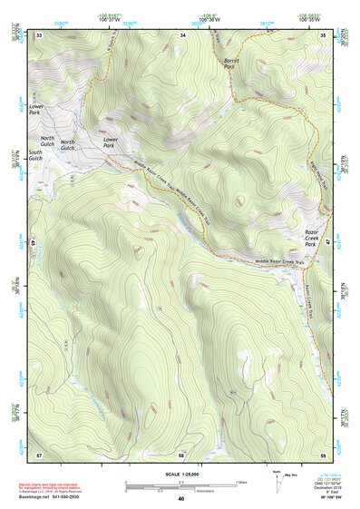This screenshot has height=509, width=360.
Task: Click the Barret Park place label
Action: (229, 64)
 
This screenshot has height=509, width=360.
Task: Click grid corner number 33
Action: (39, 34)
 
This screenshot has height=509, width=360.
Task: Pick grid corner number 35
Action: (324, 34)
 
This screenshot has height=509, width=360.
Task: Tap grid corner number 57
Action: (39, 453)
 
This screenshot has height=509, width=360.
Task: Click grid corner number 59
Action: (324, 453)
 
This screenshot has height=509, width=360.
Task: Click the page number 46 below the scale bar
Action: (181, 498)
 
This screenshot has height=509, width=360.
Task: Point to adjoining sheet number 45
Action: (33, 243)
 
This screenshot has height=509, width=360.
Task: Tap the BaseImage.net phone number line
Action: (53, 497)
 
